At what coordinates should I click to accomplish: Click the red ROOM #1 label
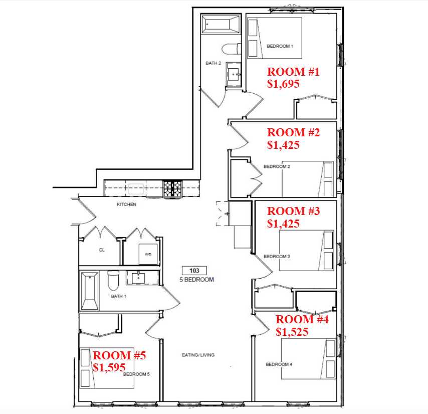[x=293, y=72]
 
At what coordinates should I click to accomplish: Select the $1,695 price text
[x=283, y=84]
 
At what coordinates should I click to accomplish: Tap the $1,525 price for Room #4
[x=292, y=332]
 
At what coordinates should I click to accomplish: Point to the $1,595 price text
[x=109, y=367]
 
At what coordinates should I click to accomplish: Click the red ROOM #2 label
[x=293, y=133]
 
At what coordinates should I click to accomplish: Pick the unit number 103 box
[x=194, y=271]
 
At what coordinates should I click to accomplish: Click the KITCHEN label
[x=126, y=204]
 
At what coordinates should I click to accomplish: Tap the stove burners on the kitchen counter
[x=172, y=188]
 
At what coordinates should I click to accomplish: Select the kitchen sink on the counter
[x=136, y=189]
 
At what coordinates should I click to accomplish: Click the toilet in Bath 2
[x=232, y=50]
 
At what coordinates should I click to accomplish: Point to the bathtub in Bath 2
[x=221, y=24]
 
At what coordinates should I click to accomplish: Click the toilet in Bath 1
[x=113, y=281]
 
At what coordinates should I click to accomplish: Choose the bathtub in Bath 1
[x=90, y=291]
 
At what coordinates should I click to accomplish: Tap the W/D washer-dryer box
[x=148, y=254]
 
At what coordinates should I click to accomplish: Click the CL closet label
[x=102, y=250]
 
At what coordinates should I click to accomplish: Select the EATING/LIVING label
[x=198, y=355]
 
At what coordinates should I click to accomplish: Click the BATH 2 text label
[x=213, y=63]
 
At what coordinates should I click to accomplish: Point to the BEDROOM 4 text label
[x=279, y=364]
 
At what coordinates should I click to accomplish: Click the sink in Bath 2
[x=234, y=74]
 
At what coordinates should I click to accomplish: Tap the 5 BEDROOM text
[x=196, y=280]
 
